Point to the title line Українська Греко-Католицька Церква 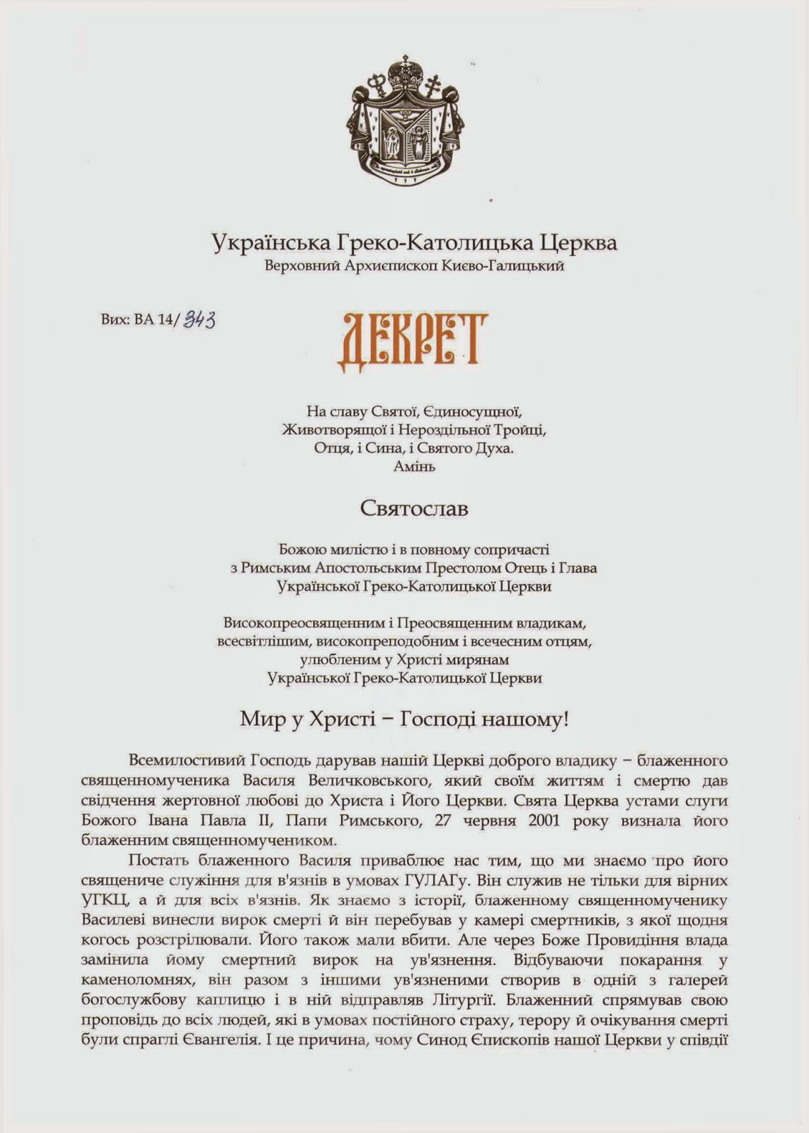(414, 243)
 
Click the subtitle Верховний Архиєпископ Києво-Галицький (414, 267)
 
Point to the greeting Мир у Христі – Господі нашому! (405, 720)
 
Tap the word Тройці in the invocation (520, 429)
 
